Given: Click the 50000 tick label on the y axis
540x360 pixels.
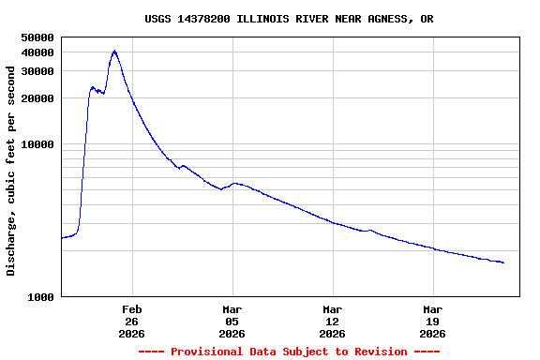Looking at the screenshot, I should (37, 37).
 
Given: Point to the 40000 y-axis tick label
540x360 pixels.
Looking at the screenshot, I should (37, 52).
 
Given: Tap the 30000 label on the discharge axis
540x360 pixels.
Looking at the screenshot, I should (37, 71).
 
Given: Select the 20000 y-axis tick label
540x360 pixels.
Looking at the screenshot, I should (37, 98).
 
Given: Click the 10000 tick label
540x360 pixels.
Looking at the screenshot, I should (37, 144).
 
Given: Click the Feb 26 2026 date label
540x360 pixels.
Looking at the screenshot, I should (132, 322).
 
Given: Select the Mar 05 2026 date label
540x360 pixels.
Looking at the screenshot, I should (232, 322).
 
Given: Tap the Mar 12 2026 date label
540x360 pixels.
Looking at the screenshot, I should (333, 322).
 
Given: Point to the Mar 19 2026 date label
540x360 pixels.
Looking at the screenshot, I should (433, 322).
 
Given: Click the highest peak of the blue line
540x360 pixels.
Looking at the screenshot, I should (114, 51).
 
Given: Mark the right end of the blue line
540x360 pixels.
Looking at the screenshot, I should (503, 262).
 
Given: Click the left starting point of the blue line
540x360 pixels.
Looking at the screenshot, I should (62, 238).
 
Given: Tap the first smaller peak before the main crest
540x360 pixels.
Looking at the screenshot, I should (93, 87).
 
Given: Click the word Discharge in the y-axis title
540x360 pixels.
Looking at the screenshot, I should (11, 246).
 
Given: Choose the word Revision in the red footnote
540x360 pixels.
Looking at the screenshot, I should (380, 352).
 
